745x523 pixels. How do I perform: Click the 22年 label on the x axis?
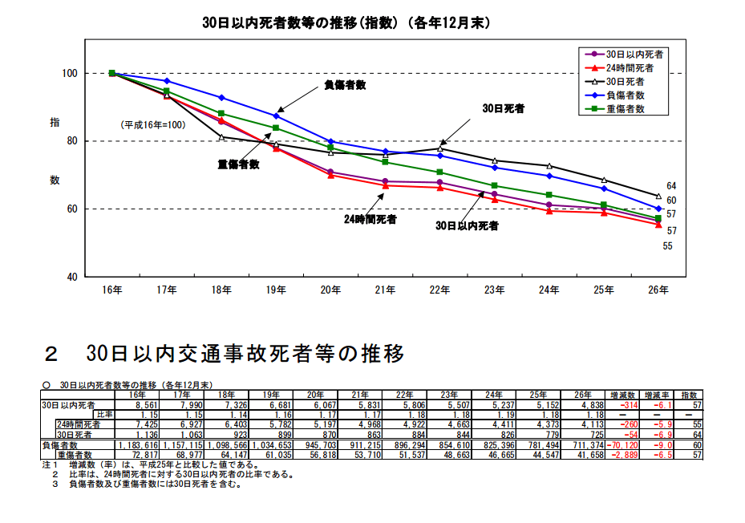pyautogui.click(x=439, y=290)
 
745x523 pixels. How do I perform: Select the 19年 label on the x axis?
pyautogui.click(x=276, y=290)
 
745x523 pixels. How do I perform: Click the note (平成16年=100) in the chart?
pyautogui.click(x=153, y=125)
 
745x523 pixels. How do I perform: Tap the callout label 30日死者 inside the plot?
pyautogui.click(x=504, y=107)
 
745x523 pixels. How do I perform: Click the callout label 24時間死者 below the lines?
pyautogui.click(x=370, y=218)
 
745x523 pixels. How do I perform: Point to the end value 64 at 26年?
pyautogui.click(x=671, y=185)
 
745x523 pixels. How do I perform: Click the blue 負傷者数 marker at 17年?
pyautogui.click(x=167, y=81)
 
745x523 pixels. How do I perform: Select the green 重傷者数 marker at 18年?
pyautogui.click(x=221, y=114)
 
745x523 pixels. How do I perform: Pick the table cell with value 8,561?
pyautogui.click(x=133, y=405)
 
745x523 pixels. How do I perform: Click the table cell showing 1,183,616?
pyautogui.click(x=137, y=444)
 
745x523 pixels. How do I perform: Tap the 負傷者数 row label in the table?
pyautogui.click(x=62, y=444)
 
